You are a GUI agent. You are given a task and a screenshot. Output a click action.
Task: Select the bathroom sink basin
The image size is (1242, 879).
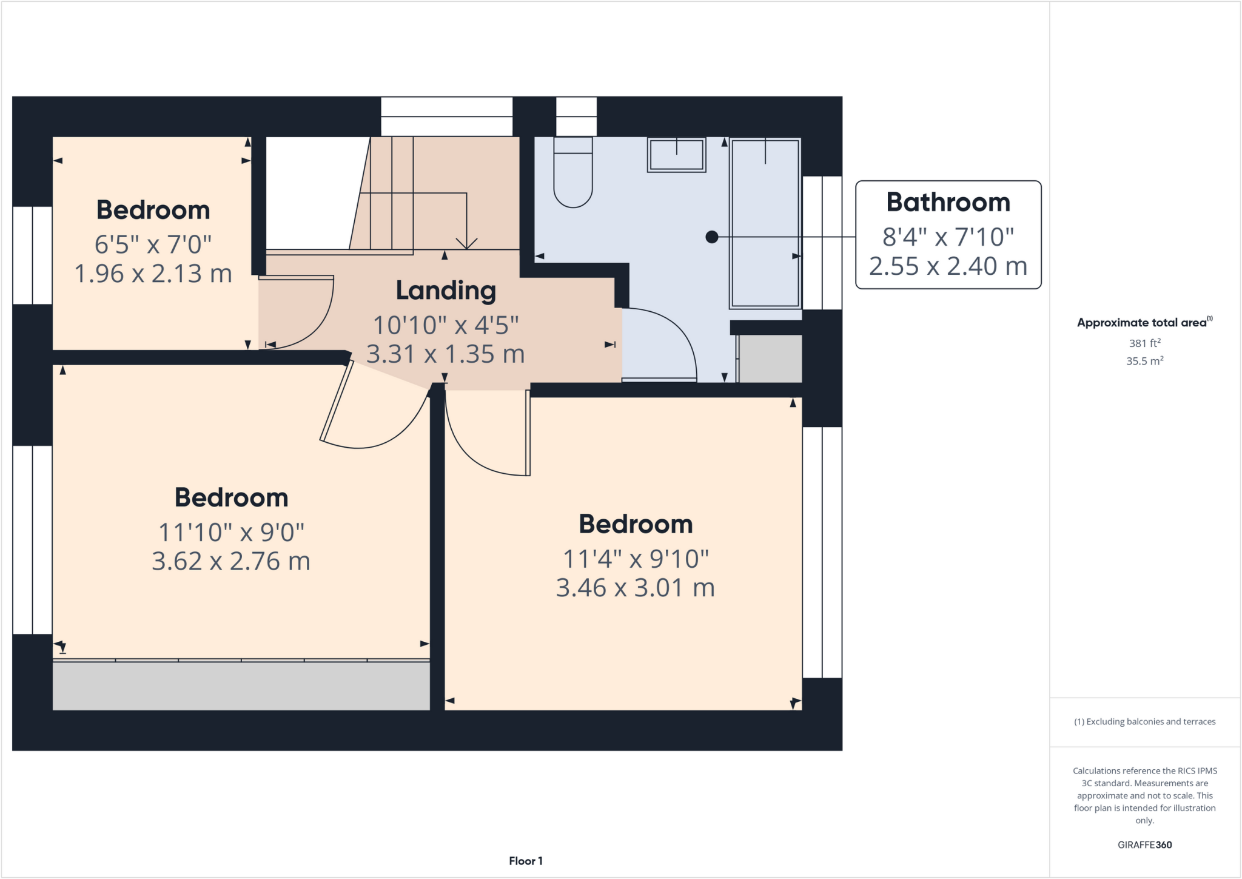tap(676, 155)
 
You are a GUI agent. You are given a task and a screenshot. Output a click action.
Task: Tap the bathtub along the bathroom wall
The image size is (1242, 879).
tap(765, 224)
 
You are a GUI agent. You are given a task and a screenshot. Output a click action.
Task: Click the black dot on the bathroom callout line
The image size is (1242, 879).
tap(712, 237)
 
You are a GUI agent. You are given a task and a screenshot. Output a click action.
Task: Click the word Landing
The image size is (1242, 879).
tap(446, 291)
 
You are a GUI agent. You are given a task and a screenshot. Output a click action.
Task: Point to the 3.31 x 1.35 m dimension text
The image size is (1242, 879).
tap(446, 354)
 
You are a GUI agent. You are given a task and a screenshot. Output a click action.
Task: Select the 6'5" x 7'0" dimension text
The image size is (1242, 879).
tap(153, 244)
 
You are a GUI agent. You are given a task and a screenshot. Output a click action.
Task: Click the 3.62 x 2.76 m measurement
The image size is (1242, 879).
tap(230, 561)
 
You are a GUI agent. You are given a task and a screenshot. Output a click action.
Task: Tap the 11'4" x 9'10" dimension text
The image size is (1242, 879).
tap(636, 559)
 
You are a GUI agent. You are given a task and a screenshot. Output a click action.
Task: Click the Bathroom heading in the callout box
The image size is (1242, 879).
tap(948, 203)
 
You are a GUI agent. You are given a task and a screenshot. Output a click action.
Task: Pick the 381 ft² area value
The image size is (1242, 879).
tap(1144, 343)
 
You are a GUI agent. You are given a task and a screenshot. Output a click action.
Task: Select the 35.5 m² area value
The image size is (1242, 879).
tap(1144, 361)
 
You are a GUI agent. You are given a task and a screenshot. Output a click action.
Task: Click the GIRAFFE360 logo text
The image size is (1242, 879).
tap(1144, 844)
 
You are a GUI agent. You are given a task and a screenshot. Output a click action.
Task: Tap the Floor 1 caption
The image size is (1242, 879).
tap(526, 861)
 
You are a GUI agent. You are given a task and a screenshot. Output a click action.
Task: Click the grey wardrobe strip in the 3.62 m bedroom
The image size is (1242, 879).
tap(241, 686)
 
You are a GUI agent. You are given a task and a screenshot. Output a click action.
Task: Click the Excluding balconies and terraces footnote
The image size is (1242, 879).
tap(1144, 721)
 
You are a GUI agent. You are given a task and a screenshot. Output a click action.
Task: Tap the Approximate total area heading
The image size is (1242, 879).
tap(1143, 323)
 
